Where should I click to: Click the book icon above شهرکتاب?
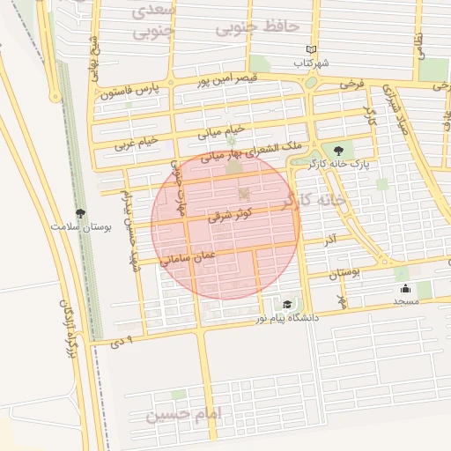(x=309, y=49)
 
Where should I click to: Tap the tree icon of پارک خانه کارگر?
(x=339, y=151)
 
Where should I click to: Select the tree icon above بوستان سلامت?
(x=81, y=213)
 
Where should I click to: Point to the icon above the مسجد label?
(x=405, y=288)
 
